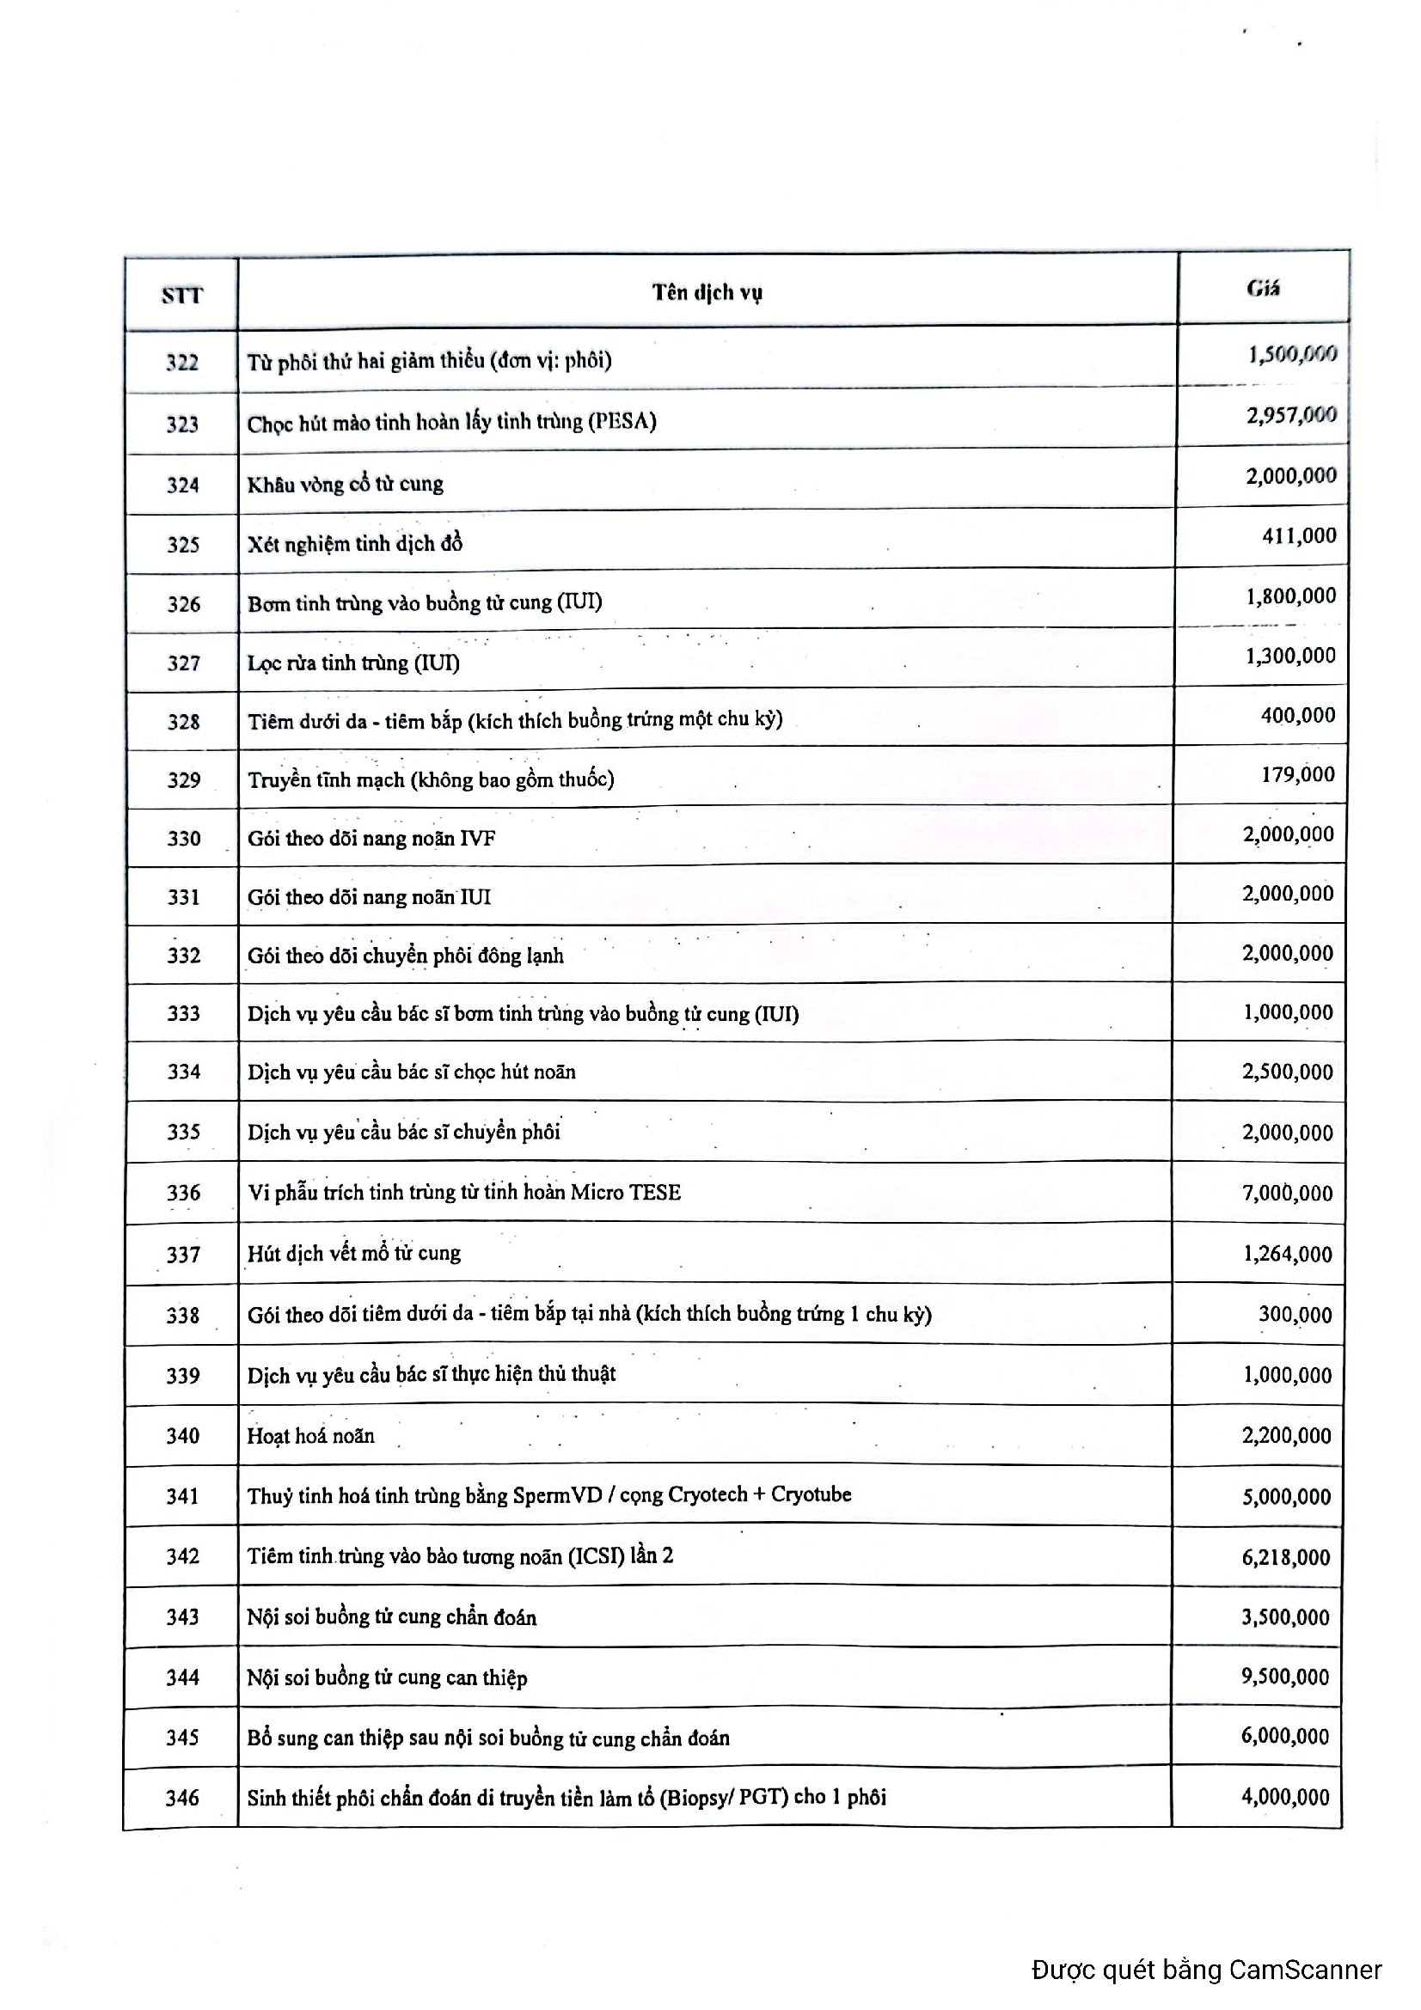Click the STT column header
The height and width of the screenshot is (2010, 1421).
click(181, 295)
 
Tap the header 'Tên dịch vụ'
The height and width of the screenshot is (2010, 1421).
click(707, 292)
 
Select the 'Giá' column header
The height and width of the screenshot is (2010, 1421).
click(1263, 288)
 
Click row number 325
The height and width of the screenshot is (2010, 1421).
click(183, 545)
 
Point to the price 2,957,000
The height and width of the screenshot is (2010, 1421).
click(1291, 415)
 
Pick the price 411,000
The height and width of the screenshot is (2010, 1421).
click(1298, 535)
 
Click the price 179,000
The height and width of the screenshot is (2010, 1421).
click(1297, 775)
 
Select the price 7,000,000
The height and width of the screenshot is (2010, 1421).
click(1287, 1194)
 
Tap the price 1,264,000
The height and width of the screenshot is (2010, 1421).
click(1287, 1254)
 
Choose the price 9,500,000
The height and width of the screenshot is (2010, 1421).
click(1285, 1677)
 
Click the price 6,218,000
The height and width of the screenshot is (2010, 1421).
click(1285, 1556)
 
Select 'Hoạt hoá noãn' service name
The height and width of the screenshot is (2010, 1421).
click(311, 1436)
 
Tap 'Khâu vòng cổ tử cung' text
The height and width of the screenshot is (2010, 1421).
click(345, 484)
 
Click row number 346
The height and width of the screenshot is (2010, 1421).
click(182, 1798)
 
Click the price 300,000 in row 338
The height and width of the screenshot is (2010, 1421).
click(1295, 1314)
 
